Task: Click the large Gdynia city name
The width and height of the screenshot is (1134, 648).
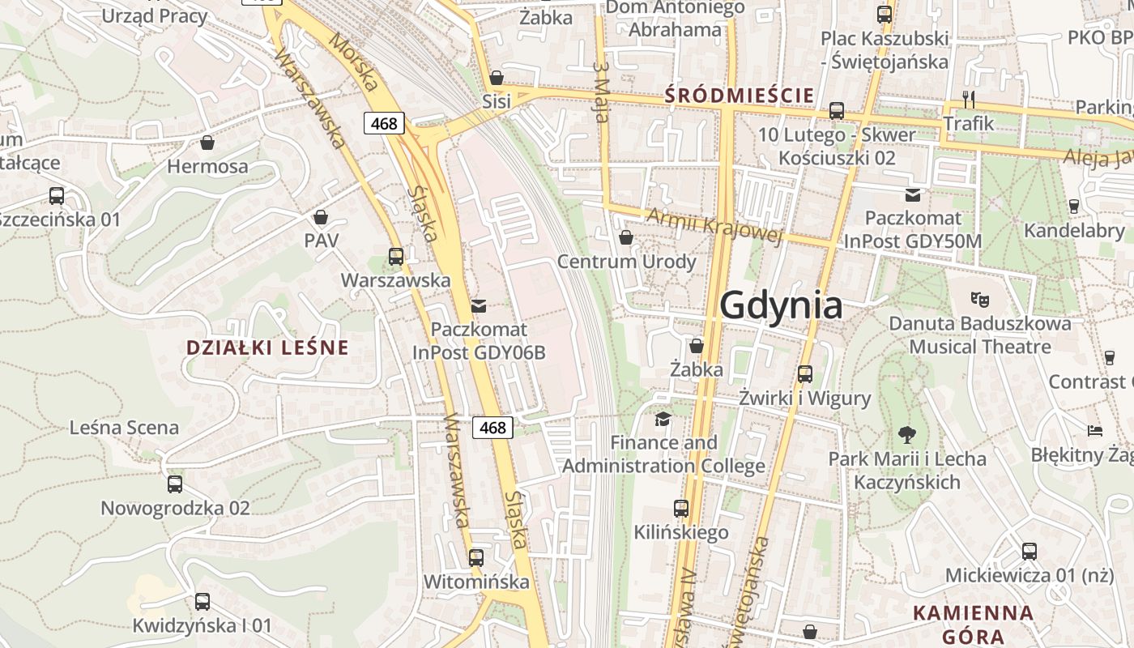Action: (781, 306)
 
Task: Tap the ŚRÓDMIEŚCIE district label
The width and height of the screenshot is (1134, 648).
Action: (739, 96)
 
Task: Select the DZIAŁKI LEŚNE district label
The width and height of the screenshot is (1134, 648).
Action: (267, 347)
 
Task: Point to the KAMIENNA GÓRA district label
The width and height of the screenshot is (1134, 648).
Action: (973, 624)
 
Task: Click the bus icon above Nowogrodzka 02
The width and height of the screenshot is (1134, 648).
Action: (175, 484)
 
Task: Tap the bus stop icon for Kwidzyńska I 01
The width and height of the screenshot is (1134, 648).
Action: (202, 602)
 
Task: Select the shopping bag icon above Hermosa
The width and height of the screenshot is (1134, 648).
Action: (207, 143)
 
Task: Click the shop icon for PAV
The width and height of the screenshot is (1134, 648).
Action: (321, 217)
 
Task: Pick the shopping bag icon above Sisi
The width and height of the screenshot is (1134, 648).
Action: (497, 78)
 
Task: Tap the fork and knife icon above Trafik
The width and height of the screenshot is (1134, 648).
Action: (969, 99)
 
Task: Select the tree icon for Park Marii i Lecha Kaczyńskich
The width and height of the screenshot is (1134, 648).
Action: (907, 434)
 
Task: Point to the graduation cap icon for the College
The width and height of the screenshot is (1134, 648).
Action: (663, 419)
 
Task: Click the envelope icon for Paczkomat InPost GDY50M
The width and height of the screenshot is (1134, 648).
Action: (913, 194)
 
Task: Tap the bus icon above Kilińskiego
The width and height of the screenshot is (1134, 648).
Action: (681, 509)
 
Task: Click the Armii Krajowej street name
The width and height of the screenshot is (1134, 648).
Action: (714, 225)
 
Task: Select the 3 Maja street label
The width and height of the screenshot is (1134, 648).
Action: (601, 92)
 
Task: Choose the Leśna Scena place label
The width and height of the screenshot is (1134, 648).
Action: (125, 427)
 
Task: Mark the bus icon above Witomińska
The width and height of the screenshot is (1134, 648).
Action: (476, 558)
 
